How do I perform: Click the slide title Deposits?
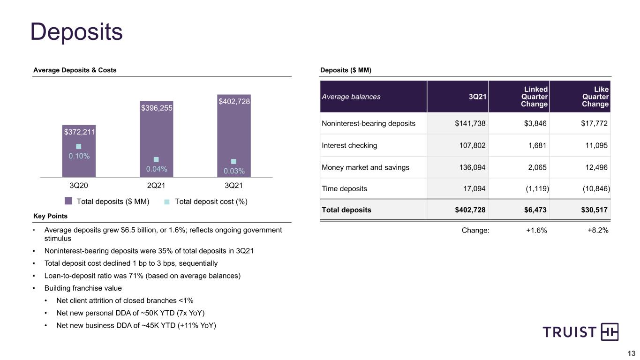point(76,32)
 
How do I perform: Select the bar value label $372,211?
point(79,132)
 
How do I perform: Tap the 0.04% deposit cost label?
point(157,169)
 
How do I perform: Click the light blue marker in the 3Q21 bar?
point(233,161)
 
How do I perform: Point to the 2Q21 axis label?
point(156,186)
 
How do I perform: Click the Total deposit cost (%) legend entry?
point(206,202)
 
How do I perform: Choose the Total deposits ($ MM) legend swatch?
point(68,201)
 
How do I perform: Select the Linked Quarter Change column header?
point(534,97)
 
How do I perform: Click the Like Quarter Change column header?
point(595,97)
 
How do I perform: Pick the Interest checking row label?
point(349,145)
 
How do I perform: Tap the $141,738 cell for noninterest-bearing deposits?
point(470,123)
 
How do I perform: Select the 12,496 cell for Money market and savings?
point(596,167)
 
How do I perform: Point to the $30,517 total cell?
point(594,210)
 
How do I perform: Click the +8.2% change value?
point(598,230)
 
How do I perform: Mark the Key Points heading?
point(50,216)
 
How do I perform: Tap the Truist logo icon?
point(610,332)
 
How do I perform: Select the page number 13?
point(631,353)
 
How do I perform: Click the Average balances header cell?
point(351,97)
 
